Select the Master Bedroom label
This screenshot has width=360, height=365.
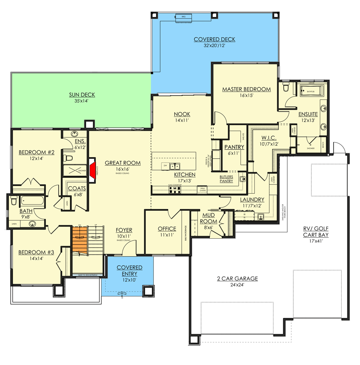click(246, 89)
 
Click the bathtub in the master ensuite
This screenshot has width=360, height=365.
click(311, 91)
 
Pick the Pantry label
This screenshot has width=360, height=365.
click(234, 147)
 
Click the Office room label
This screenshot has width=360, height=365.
click(167, 229)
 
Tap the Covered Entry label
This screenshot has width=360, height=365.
click(129, 271)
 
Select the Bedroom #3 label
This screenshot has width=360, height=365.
click(36, 252)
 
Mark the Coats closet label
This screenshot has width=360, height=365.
click(76, 188)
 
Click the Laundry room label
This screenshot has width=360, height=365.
click(252, 200)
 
